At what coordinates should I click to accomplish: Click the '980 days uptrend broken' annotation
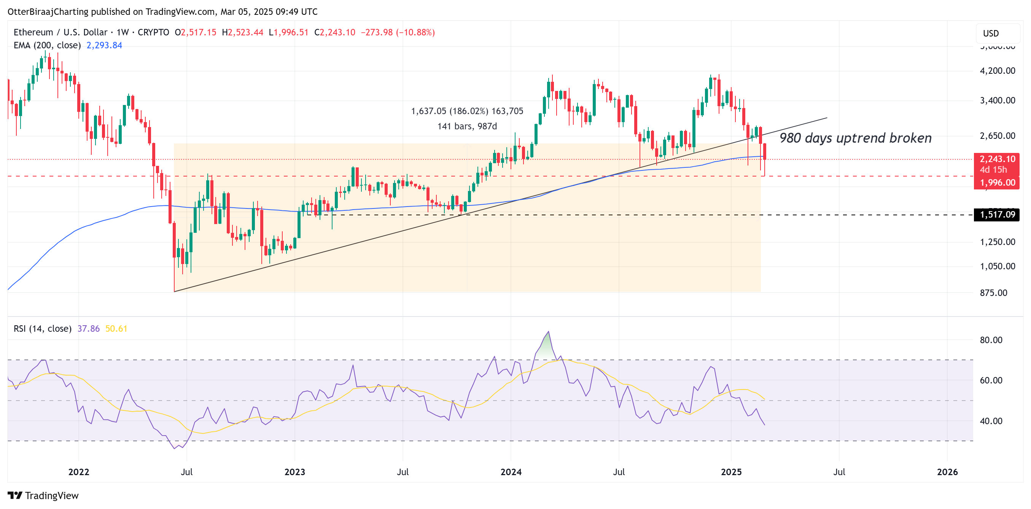coord(855,138)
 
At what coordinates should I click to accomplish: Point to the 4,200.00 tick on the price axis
coord(997,71)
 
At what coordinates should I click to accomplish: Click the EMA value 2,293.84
coord(104,45)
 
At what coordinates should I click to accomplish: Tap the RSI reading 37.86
coord(88,329)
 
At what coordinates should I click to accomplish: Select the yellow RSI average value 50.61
coord(116,329)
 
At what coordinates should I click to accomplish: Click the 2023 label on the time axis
coord(294,472)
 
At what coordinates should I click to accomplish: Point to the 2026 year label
coord(947,472)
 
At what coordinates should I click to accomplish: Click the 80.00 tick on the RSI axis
coord(991,340)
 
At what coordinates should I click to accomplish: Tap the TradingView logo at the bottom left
coord(43,495)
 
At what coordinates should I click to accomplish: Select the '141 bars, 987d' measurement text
coord(467,126)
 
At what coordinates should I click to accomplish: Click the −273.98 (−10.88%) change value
coord(398,32)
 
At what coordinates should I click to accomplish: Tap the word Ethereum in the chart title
coord(33,32)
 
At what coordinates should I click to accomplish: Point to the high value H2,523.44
coord(243,32)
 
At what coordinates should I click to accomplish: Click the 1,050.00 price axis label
coord(997,267)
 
